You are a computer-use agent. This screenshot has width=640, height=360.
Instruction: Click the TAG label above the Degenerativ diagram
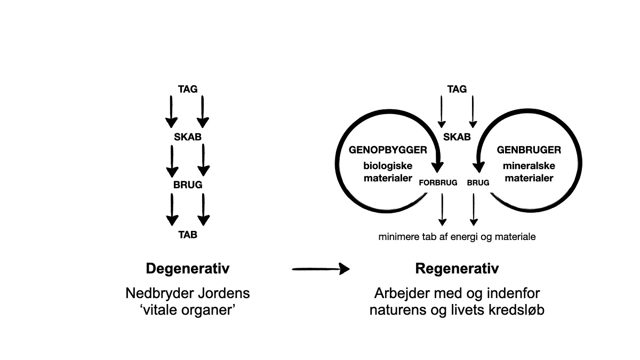pyautogui.click(x=188, y=89)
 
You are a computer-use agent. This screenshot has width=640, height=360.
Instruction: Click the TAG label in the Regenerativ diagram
pyautogui.click(x=457, y=89)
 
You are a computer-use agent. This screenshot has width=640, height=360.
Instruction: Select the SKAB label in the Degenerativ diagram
pyautogui.click(x=188, y=137)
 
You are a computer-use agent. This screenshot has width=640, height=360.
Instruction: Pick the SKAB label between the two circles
pyautogui.click(x=457, y=137)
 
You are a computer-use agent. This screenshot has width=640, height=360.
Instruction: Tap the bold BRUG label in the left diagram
pyautogui.click(x=188, y=185)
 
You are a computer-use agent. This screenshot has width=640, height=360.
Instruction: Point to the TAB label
pyautogui.click(x=188, y=234)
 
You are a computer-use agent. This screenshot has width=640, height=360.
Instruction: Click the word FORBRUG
pyautogui.click(x=438, y=182)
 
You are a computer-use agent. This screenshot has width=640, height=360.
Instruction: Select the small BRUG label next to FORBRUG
pyautogui.click(x=478, y=182)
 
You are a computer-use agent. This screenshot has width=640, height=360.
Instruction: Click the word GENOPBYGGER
pyautogui.click(x=388, y=150)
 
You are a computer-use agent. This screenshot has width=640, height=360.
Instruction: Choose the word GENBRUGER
pyautogui.click(x=529, y=150)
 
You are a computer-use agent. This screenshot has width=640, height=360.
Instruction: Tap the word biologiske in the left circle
pyautogui.click(x=388, y=166)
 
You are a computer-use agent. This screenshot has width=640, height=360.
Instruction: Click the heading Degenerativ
pyautogui.click(x=188, y=268)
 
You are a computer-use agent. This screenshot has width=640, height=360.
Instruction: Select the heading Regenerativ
pyautogui.click(x=457, y=268)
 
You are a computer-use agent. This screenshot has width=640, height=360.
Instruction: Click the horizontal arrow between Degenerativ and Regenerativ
pyautogui.click(x=320, y=269)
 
